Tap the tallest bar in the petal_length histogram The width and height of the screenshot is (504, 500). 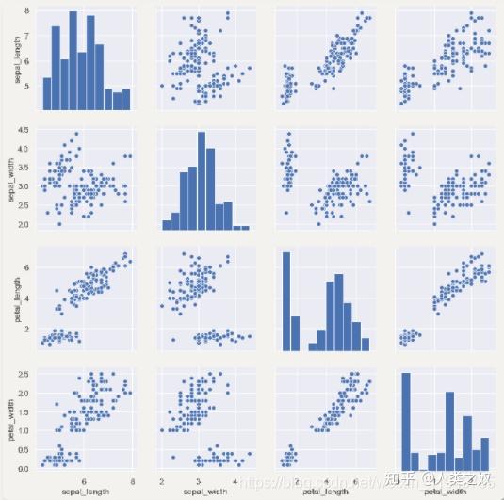point(285,300)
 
